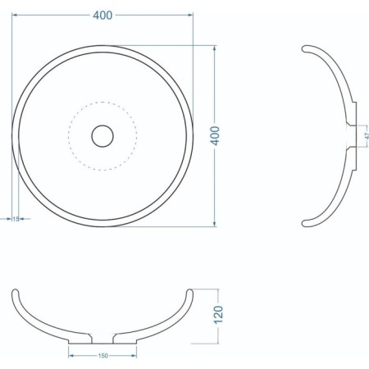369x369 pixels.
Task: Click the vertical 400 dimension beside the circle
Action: (216, 135)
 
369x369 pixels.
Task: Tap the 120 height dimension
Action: (217, 314)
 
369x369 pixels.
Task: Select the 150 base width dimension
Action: (102, 355)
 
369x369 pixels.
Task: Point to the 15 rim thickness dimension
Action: (16, 219)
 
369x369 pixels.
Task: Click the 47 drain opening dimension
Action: (367, 134)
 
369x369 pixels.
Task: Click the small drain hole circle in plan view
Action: (102, 135)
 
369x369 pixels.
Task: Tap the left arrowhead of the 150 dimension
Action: (71, 355)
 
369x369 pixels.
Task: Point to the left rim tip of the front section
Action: (16, 292)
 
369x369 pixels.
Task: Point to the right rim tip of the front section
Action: (189, 292)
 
